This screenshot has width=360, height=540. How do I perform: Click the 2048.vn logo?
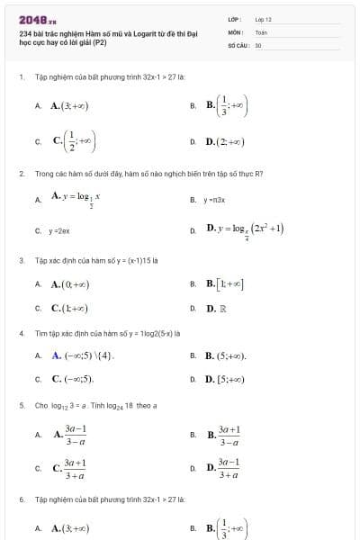click(x=37, y=19)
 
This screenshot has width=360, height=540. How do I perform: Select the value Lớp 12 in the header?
click(x=263, y=19)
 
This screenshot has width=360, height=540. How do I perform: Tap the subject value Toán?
click(x=261, y=31)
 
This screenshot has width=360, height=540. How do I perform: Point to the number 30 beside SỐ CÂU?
click(x=258, y=44)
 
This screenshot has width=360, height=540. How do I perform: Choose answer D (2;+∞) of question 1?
click(x=225, y=141)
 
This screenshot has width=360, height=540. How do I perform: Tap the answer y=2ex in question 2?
click(x=59, y=230)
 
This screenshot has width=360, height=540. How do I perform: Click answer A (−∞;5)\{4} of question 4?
click(x=85, y=355)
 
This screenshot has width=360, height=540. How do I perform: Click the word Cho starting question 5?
click(x=40, y=405)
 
